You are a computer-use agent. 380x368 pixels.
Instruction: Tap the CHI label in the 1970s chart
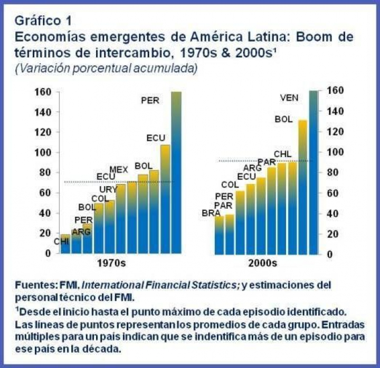pos(61,242)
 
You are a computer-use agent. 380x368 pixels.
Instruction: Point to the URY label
pos(108,189)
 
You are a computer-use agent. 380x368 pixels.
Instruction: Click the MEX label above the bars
pos(119,169)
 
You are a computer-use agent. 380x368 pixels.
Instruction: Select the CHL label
pos(282,154)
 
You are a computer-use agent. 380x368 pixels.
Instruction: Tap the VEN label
pos(289,98)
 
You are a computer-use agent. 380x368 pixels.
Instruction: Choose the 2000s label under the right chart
pos(263,263)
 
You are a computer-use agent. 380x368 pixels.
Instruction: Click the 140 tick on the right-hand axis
pos(336,111)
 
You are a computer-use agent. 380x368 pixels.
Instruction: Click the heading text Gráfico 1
pos(43,21)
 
